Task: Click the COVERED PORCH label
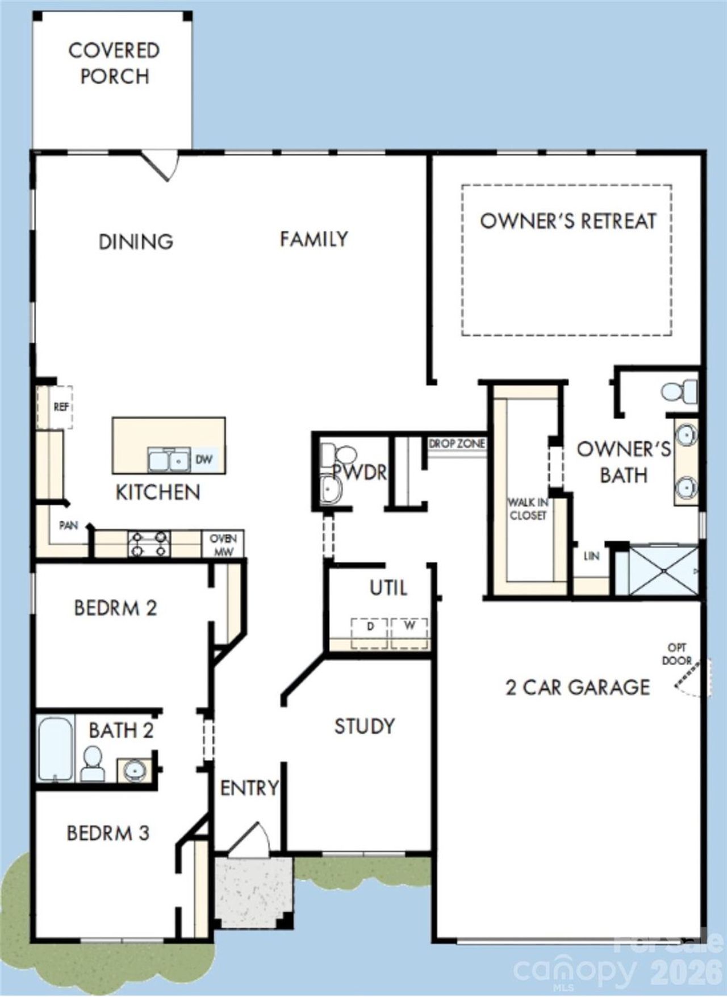114,63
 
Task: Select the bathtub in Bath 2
55,749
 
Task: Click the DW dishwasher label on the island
203,459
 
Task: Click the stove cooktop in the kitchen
149,544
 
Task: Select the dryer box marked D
370,632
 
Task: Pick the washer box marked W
410,631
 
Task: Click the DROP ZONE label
457,443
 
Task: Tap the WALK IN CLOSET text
527,508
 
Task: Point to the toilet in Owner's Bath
679,392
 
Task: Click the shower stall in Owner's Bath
663,570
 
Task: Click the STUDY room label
364,726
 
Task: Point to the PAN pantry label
68,525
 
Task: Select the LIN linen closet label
591,556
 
